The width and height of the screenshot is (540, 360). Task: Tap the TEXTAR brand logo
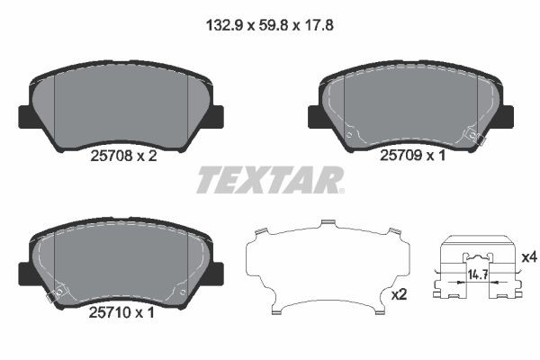tap(268, 180)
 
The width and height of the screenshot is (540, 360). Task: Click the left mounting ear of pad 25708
tap(26, 116)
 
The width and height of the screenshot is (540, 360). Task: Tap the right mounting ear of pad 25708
tap(216, 116)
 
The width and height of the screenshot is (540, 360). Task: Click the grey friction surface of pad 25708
tap(121, 103)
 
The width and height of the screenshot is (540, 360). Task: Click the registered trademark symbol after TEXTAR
tap(339, 189)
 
